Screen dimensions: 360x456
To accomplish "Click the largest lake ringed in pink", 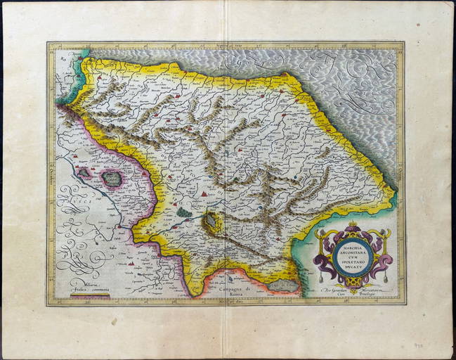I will pyautogui.click(x=111, y=179).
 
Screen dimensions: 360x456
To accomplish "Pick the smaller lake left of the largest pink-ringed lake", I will pyautogui.click(x=84, y=172).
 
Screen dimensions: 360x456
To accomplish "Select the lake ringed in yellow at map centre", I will pyautogui.click(x=211, y=223).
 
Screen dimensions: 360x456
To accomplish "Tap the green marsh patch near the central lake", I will pyautogui.click(x=183, y=212).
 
